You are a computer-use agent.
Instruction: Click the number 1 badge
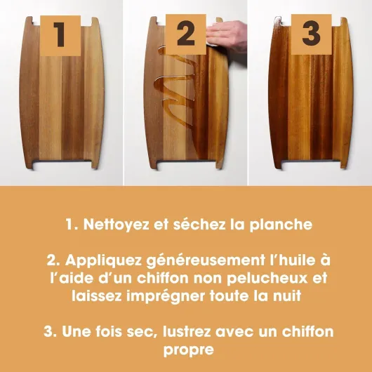[60, 36]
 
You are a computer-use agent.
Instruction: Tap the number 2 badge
[186, 34]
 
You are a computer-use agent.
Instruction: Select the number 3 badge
[311, 34]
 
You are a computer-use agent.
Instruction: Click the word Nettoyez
[117, 224]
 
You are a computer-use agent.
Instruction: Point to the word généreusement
[205, 260]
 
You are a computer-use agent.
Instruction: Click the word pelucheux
[267, 278]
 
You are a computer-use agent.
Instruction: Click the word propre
[189, 350]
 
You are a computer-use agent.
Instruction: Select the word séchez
[199, 224]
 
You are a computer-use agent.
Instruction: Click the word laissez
[97, 296]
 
